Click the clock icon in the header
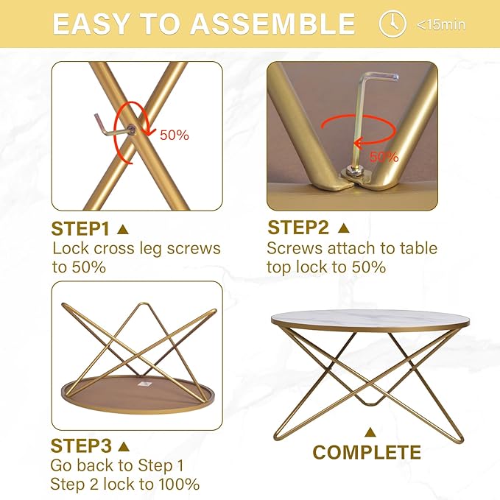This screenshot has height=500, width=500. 392,24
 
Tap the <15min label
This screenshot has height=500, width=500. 441,25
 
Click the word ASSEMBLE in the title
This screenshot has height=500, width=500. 273,24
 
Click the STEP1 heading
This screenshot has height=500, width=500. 80,228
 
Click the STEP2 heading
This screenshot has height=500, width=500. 298,228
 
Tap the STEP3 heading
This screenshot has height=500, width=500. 81,446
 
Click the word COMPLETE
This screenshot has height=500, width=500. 367,452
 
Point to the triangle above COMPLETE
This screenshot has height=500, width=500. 370,432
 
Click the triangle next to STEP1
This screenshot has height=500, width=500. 123,229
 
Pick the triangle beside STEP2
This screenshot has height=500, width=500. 343,228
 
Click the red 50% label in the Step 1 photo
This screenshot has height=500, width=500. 174,135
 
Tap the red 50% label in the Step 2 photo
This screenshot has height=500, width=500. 384,157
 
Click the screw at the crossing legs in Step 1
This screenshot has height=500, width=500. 131,130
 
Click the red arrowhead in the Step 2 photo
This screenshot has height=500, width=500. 358,143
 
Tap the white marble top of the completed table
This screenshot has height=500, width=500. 370,319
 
